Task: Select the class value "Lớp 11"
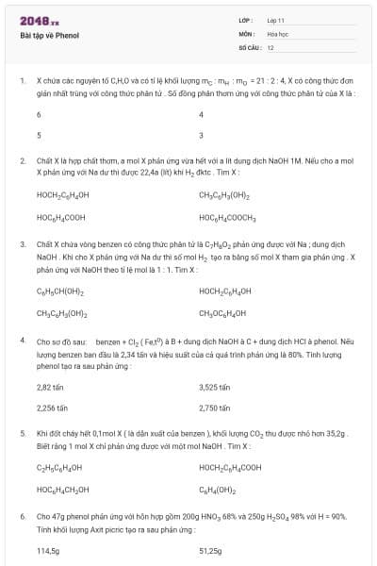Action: tap(276, 20)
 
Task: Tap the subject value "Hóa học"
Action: tap(276, 33)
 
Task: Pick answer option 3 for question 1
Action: tap(201, 135)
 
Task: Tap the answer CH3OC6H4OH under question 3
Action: tap(223, 311)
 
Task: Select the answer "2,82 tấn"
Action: tap(50, 387)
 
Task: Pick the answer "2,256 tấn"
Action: tap(52, 408)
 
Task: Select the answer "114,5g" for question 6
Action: tap(48, 550)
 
